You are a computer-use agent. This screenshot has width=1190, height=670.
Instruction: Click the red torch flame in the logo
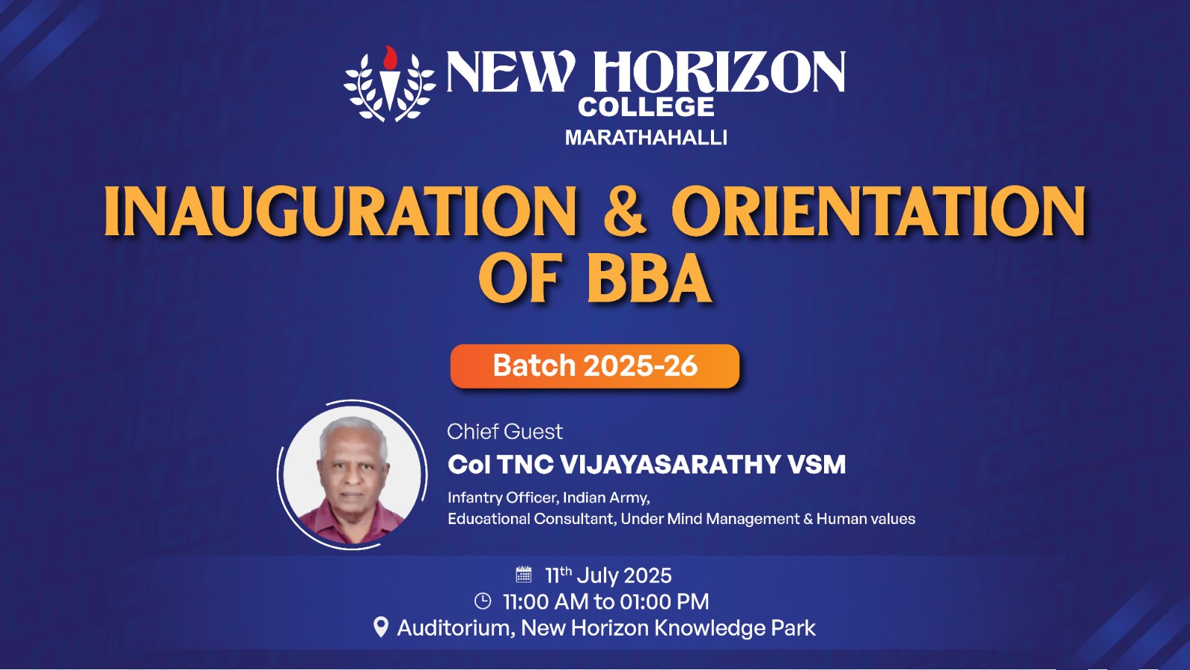click(390, 57)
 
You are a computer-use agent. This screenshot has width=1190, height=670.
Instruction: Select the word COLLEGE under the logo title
click(646, 107)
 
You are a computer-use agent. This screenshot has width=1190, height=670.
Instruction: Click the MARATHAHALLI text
click(646, 138)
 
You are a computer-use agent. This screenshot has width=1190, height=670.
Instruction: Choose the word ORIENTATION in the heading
click(879, 211)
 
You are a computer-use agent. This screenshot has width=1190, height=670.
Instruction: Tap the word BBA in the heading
click(649, 278)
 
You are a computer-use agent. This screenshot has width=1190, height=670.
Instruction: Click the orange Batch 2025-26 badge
click(595, 366)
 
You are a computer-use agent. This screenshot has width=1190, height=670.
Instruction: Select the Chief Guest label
click(505, 432)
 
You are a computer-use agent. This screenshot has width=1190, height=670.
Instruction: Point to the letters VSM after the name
click(817, 465)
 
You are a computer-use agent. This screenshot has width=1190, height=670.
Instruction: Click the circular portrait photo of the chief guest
click(353, 474)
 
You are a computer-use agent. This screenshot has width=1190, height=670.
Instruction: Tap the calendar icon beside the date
click(524, 574)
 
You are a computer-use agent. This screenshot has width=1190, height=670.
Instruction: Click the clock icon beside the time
click(483, 602)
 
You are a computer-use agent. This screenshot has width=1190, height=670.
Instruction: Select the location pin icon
click(381, 628)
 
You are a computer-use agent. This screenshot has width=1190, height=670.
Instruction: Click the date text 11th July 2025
click(609, 575)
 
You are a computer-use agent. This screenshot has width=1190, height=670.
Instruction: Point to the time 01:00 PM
click(665, 602)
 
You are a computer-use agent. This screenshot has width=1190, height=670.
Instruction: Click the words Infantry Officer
click(503, 498)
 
